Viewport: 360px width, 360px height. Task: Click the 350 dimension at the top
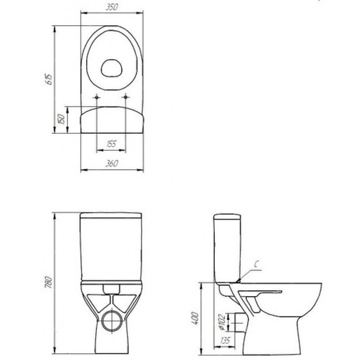pos(112,7)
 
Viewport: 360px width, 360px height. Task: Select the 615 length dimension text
pos(50,80)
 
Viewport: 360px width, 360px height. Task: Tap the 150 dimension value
pos(62,119)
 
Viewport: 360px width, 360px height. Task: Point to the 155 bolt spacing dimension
pos(111,144)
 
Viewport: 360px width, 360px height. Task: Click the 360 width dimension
pos(112,163)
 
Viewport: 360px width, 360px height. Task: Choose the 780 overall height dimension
pos(49,283)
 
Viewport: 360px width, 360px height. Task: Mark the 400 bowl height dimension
pos(195,318)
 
